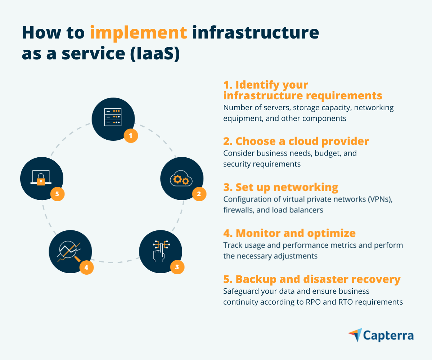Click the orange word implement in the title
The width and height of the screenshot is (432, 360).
point(138,33)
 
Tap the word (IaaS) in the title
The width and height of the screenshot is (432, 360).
point(155,54)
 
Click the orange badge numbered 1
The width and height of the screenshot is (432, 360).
point(131,136)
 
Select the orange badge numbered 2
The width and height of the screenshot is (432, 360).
point(199,194)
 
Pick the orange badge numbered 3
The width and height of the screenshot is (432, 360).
point(177,267)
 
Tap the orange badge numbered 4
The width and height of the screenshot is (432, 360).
point(86,267)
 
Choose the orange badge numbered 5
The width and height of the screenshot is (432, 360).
point(57,194)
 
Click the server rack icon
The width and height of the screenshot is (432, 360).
point(113,117)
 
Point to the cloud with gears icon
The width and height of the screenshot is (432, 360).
point(181,178)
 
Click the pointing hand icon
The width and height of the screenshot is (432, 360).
point(161,251)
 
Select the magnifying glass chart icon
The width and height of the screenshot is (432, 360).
point(69,252)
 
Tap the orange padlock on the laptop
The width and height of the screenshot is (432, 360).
point(41,181)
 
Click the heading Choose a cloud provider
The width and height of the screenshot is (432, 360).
point(296,141)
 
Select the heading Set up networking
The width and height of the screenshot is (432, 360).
point(281,188)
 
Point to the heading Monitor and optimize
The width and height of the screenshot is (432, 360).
point(289,233)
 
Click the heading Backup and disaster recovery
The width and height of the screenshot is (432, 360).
point(312,279)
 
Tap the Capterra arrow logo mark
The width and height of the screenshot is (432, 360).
point(355,334)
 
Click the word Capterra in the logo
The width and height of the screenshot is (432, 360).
point(388,336)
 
